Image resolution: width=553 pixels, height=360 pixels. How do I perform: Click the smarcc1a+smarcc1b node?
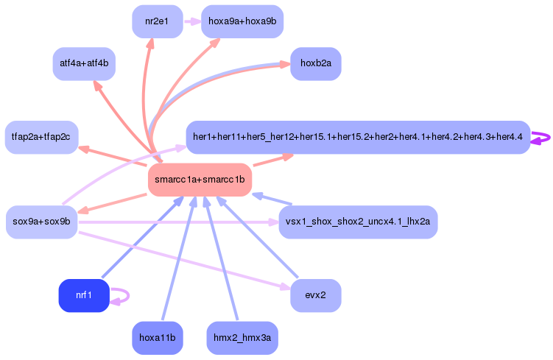(x=200, y=180)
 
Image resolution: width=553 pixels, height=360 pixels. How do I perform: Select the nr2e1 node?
(x=157, y=21)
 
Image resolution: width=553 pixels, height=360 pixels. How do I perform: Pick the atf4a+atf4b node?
(x=83, y=63)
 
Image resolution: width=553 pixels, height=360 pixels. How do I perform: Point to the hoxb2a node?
(x=315, y=63)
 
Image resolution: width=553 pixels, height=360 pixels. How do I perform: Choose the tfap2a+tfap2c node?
(x=41, y=137)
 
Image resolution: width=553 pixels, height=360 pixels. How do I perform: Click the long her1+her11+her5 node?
(x=358, y=137)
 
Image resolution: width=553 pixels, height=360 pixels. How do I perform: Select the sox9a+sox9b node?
(x=41, y=222)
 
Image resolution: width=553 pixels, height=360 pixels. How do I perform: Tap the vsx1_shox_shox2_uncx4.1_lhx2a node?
(x=358, y=222)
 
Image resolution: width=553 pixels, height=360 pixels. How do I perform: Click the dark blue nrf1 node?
(x=83, y=295)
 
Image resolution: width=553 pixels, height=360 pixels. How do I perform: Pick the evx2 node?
(x=315, y=295)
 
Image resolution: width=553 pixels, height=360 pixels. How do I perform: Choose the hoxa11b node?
(x=157, y=338)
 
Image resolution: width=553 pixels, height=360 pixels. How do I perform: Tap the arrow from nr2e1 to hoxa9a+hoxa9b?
(x=191, y=21)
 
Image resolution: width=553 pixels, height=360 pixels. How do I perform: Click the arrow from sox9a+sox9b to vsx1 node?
(x=177, y=222)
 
